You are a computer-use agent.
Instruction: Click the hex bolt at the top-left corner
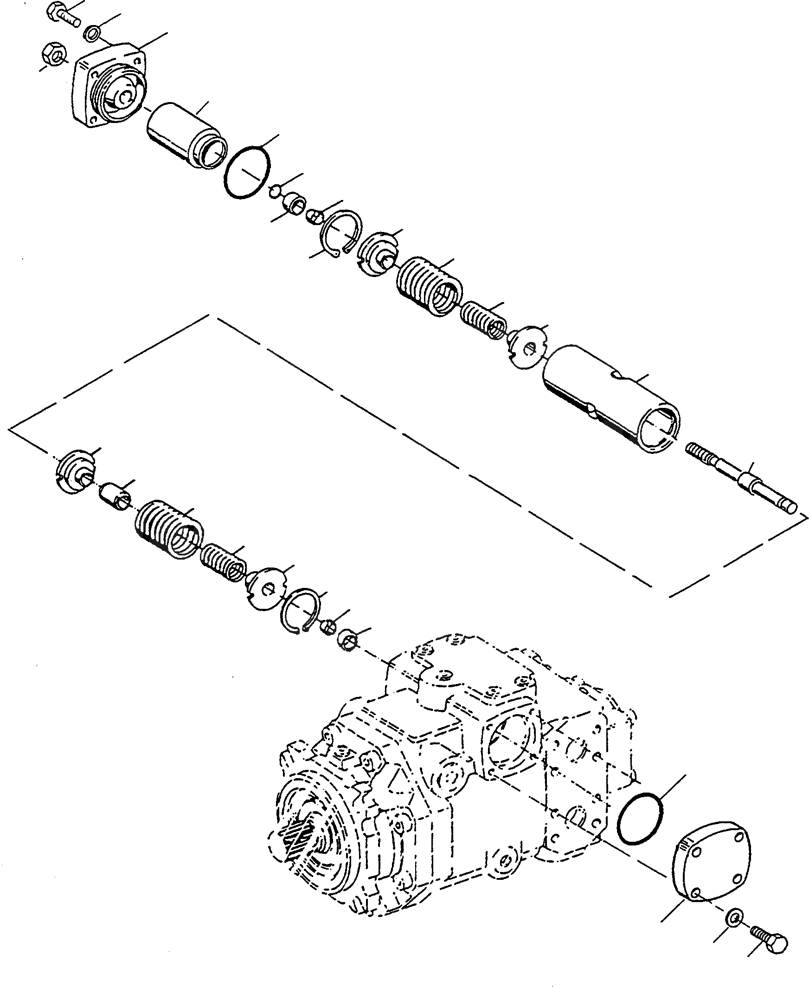(63, 14)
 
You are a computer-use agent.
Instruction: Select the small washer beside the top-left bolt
(92, 33)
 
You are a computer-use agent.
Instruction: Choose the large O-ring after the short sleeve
(247, 174)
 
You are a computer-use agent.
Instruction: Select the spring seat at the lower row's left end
(75, 471)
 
